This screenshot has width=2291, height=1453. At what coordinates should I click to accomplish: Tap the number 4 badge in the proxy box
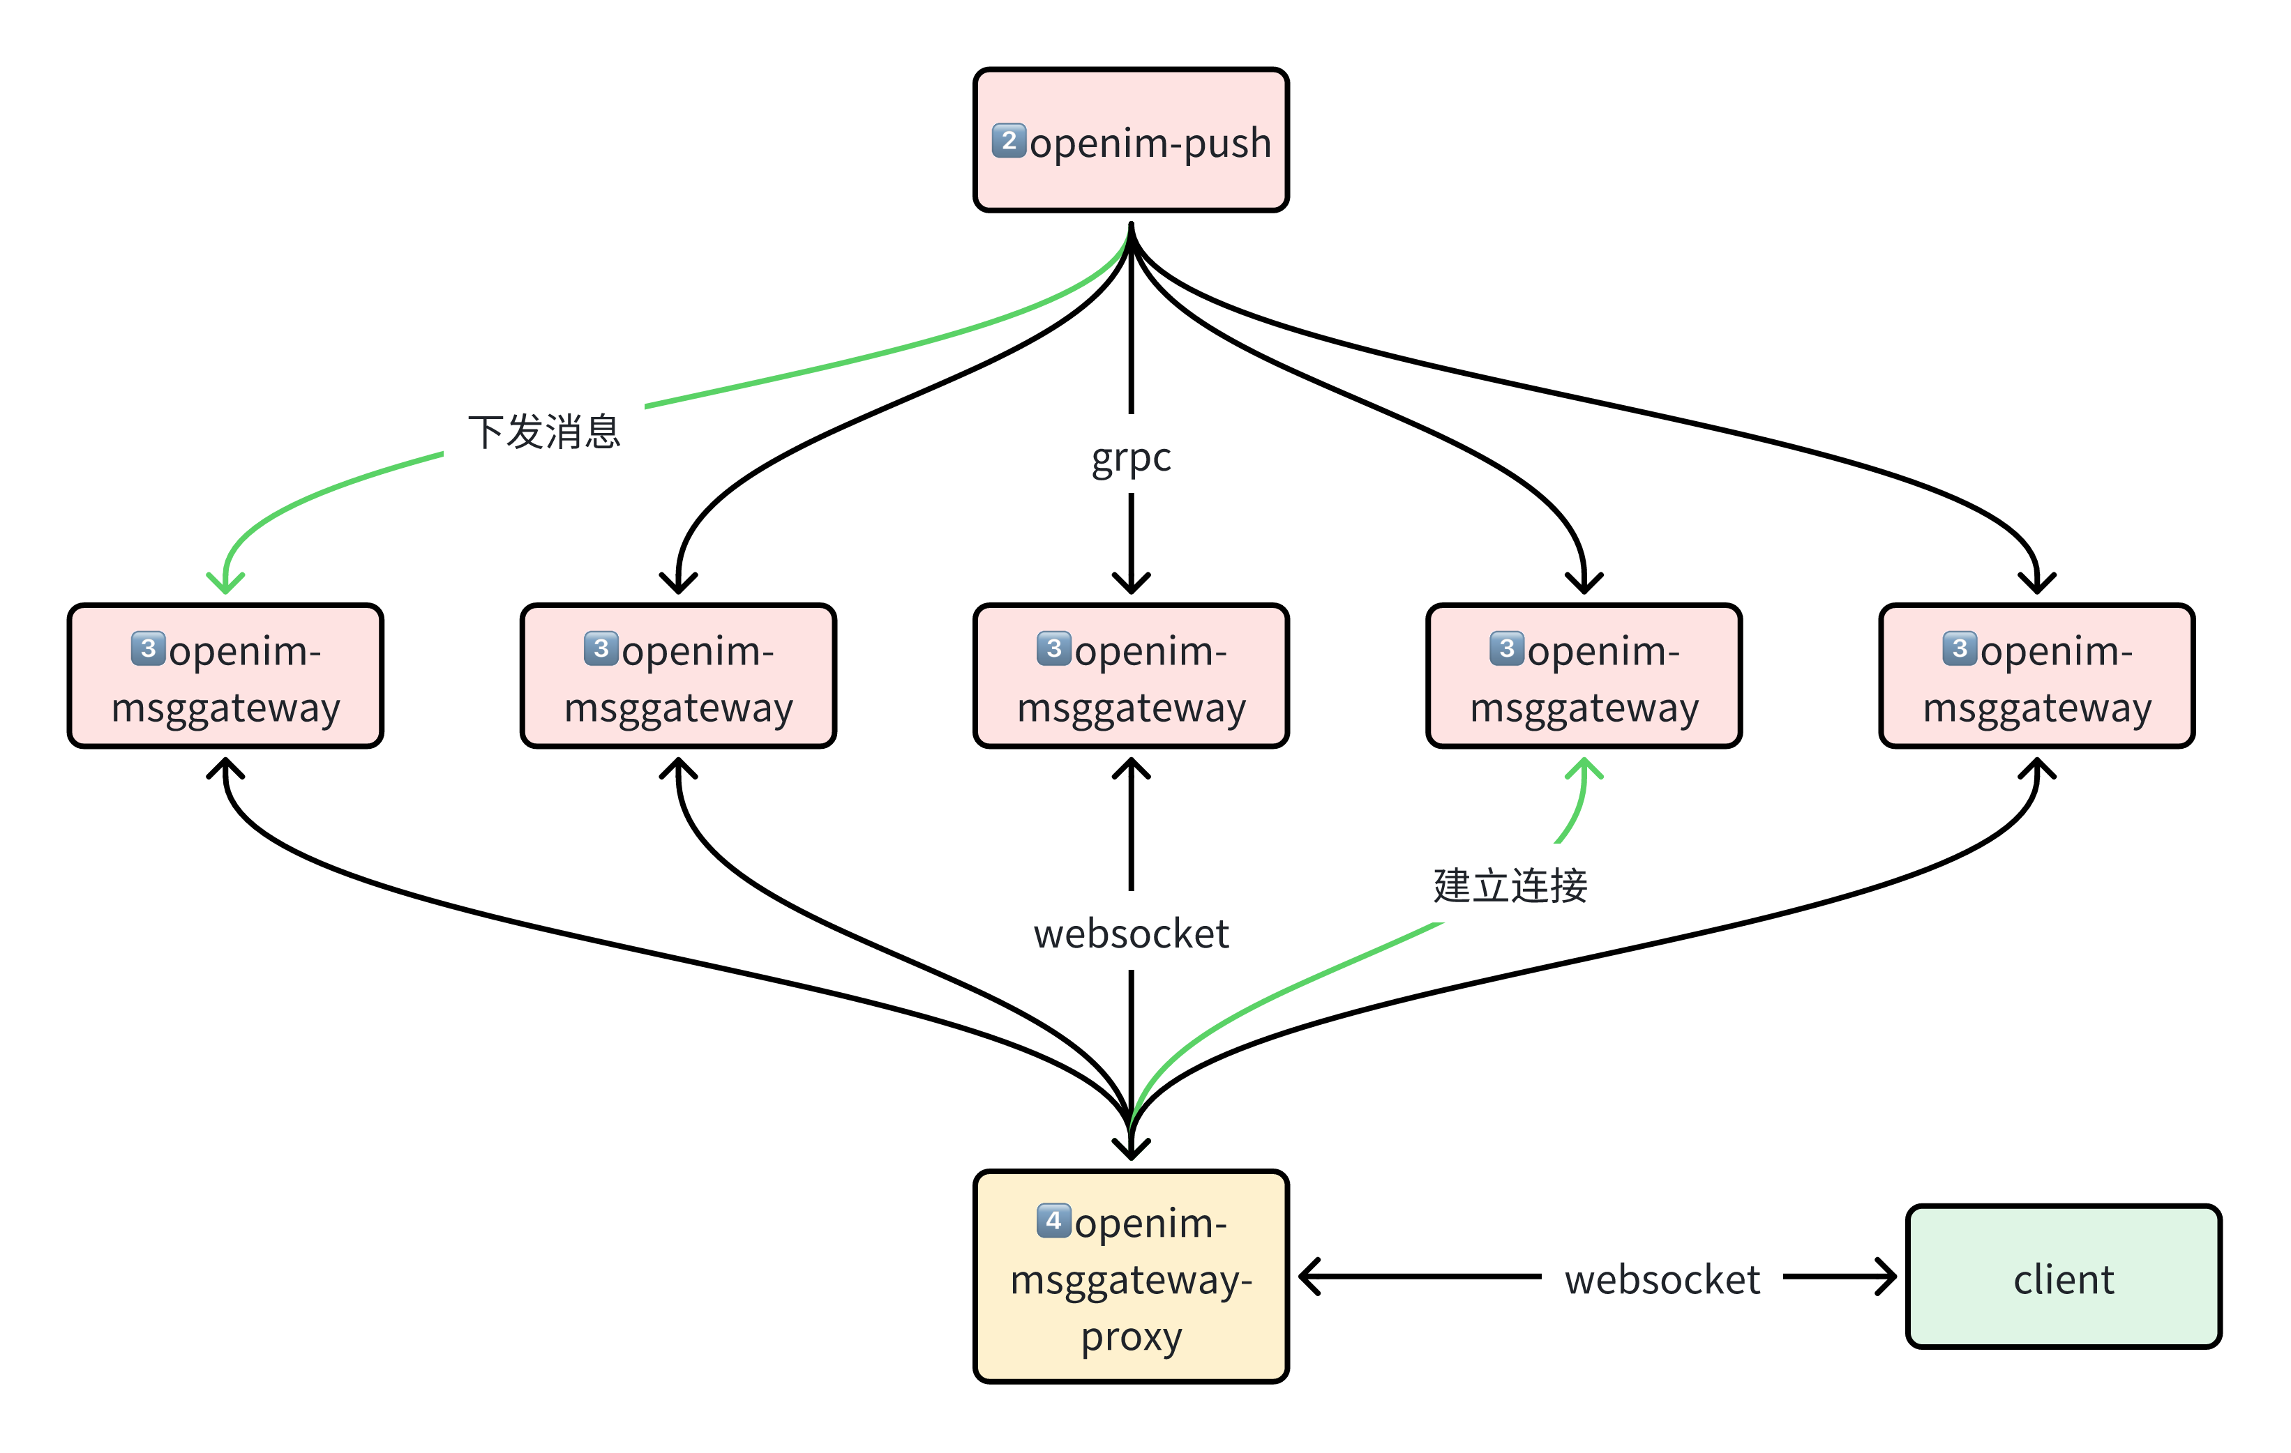(1053, 1220)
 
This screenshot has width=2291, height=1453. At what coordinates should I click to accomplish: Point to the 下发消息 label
(544, 432)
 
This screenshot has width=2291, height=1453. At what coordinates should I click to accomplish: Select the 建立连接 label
(1510, 884)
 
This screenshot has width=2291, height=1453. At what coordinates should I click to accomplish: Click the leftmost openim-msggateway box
(225, 676)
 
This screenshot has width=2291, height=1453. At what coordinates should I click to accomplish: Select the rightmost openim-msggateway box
(2036, 676)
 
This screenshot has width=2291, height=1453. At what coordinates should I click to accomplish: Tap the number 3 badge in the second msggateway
(601, 648)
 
